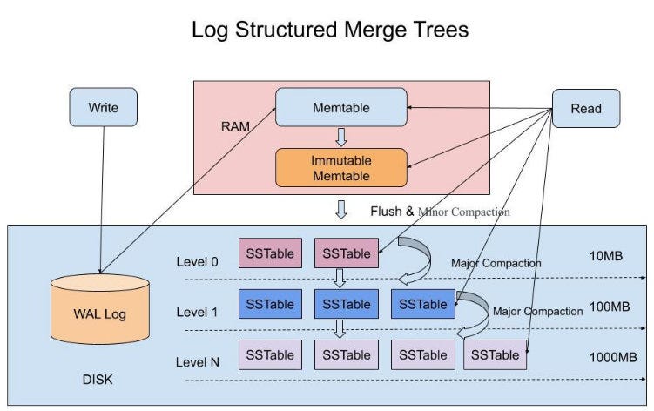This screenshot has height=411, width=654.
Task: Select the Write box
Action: (104, 109)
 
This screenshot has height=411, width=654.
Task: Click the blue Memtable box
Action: (341, 108)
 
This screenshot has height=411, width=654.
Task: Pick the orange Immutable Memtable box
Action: (341, 168)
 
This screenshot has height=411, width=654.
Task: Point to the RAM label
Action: (236, 126)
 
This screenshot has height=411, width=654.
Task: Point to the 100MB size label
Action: (610, 307)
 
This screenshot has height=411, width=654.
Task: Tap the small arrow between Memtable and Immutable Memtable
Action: (341, 137)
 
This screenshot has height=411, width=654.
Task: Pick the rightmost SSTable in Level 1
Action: (422, 304)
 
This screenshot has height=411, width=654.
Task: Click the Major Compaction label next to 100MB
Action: (537, 311)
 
